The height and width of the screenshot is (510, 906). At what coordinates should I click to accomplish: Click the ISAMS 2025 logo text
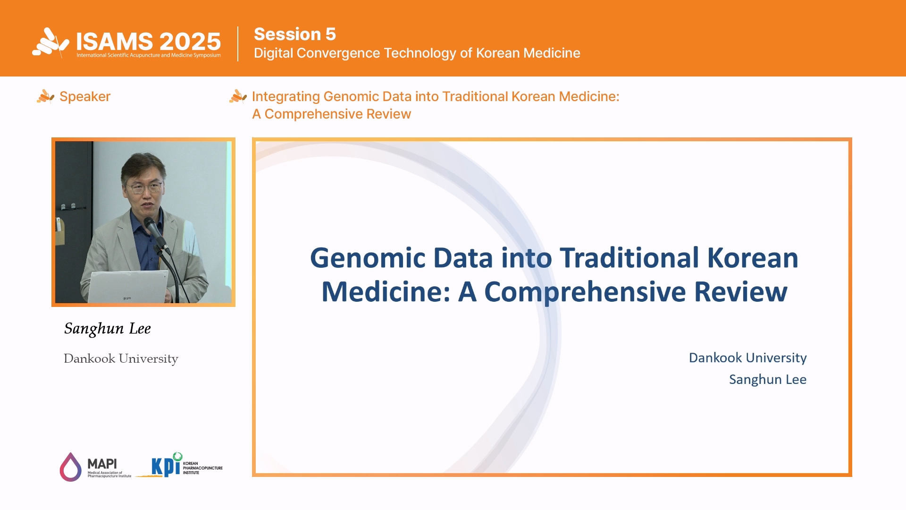click(148, 42)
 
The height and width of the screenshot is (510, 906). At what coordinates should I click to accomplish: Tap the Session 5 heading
click(295, 34)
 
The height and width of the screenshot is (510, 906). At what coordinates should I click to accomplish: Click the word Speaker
click(85, 96)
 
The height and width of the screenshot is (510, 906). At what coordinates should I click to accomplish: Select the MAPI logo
click(95, 467)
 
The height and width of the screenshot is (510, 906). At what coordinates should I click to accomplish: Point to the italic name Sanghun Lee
click(108, 329)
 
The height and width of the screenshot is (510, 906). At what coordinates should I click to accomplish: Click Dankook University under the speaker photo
click(121, 358)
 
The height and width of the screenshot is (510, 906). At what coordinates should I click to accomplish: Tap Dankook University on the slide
click(747, 358)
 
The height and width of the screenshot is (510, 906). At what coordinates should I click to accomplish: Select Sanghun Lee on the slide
click(768, 380)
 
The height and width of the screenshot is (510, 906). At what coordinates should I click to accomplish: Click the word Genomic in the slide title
click(368, 258)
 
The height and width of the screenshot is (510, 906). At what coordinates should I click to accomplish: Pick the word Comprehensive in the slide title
click(585, 292)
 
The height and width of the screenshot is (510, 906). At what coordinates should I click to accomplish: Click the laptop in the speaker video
click(127, 287)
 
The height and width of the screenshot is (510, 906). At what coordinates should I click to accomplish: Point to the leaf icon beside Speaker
click(46, 96)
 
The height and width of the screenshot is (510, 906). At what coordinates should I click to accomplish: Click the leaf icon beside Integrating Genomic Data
click(238, 96)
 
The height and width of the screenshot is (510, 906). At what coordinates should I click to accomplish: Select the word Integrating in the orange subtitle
click(286, 97)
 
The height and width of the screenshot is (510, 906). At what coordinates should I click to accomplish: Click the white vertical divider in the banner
click(238, 44)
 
